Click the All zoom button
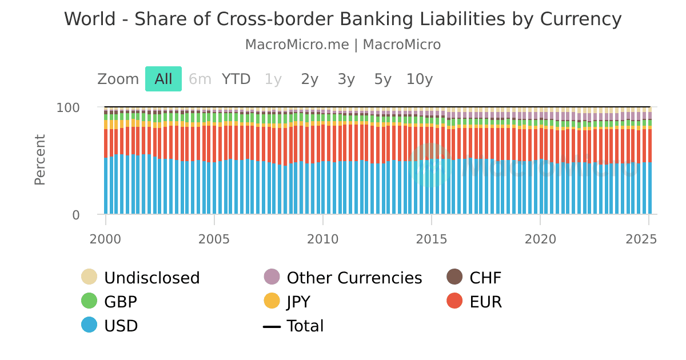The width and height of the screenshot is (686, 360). pos(163,79)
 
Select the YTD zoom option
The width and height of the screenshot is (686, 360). pos(236,79)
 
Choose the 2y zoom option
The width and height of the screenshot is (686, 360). pos(310,79)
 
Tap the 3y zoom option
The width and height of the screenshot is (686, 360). pos(346,79)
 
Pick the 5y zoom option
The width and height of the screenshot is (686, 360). pos(383,79)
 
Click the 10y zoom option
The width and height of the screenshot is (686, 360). pos(420,79)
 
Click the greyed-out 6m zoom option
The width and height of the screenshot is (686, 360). pos(200,79)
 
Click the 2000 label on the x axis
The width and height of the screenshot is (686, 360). pos(106,238)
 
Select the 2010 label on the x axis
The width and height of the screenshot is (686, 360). pos(323,238)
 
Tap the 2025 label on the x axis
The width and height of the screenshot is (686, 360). pos(649,238)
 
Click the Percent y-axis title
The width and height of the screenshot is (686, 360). pos(39,159)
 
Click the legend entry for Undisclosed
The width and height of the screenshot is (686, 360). pos(151,278)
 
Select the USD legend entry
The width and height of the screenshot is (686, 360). pos(121,326)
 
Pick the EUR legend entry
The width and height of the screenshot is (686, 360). pos(485,302)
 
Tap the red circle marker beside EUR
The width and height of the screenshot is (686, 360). pos(455,301)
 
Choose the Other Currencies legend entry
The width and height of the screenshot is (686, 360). pos(354,278)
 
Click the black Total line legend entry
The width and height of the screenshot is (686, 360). pos(305,326)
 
